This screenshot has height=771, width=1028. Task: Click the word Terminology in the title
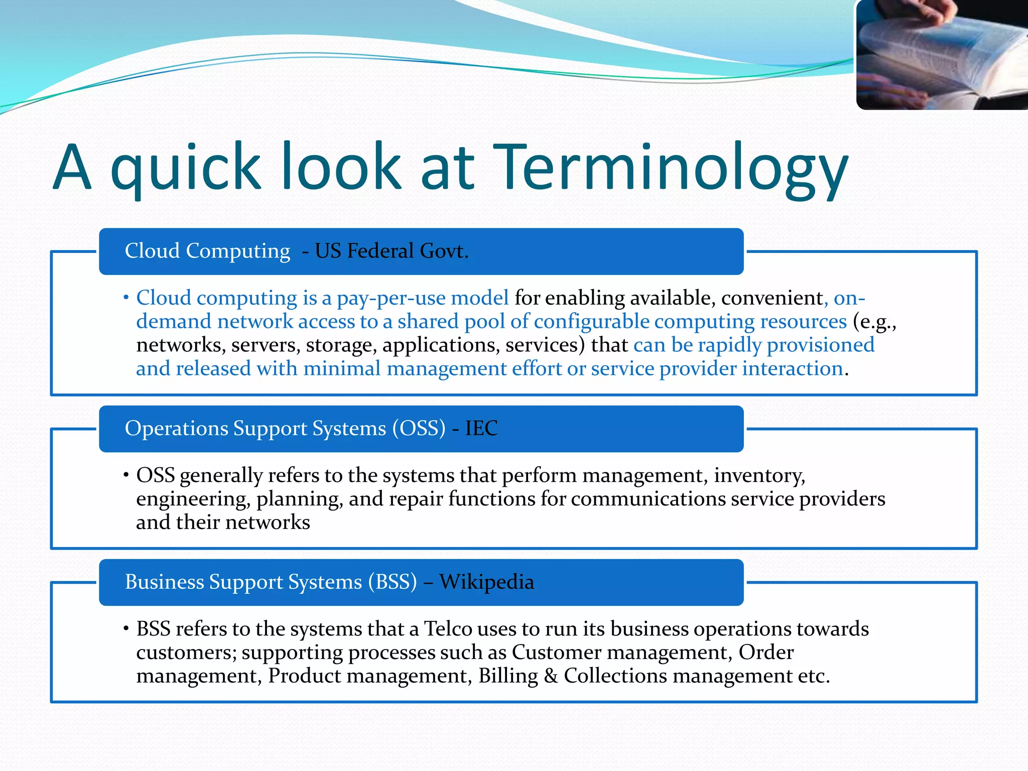tap(670, 168)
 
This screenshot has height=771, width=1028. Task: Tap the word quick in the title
tap(186, 168)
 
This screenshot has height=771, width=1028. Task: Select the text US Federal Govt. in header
tap(392, 251)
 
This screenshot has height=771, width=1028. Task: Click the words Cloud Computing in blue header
tap(207, 251)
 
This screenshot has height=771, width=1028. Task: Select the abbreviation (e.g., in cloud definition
tap(874, 322)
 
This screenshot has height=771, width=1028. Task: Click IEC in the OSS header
tap(481, 428)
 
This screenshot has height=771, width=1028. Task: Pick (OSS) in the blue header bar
tap(419, 428)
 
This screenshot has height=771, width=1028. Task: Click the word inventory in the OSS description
tap(759, 475)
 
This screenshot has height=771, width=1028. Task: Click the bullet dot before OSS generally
tap(126, 474)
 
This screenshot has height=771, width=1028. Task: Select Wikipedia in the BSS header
tap(486, 582)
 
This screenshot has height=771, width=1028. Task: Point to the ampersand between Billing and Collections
tap(551, 676)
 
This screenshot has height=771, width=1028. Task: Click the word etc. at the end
tap(814, 676)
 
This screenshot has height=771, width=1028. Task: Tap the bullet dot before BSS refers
tap(126, 628)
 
